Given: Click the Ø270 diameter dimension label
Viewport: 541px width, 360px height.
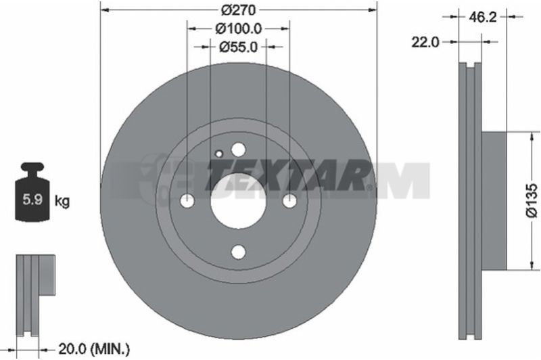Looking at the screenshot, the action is pyautogui.click(x=239, y=10).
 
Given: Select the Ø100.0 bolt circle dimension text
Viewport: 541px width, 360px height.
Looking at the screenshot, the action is pyautogui.click(x=239, y=28).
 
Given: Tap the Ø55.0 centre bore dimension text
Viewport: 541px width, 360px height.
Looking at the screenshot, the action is pyautogui.click(x=239, y=47).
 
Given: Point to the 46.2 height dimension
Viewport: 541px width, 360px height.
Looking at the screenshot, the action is pyautogui.click(x=483, y=16).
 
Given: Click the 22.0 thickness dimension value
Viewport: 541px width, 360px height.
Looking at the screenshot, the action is pyautogui.click(x=425, y=42).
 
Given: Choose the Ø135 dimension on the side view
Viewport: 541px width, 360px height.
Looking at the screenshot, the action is pyautogui.click(x=532, y=201).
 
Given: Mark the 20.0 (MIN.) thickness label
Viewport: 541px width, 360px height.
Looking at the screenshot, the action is pyautogui.click(x=94, y=350).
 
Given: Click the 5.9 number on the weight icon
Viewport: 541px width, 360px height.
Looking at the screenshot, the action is pyautogui.click(x=32, y=200).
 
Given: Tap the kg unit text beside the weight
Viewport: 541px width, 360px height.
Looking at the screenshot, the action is pyautogui.click(x=62, y=200).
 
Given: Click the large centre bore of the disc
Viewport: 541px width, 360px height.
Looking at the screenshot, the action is pyautogui.click(x=239, y=201).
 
